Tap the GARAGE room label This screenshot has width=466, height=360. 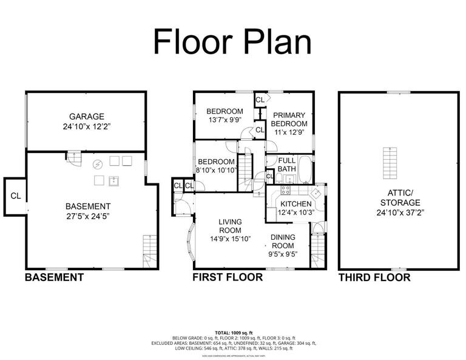(86, 116)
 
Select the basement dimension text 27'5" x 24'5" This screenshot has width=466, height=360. (88, 216)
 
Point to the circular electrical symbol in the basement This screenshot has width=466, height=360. (97, 163)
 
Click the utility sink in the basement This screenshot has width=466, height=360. (113, 180)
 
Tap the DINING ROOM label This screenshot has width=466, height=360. (283, 242)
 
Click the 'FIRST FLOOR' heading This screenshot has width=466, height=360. (227, 278)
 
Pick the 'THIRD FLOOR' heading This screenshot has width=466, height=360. (374, 278)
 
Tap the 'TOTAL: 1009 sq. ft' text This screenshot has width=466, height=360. (232, 333)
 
